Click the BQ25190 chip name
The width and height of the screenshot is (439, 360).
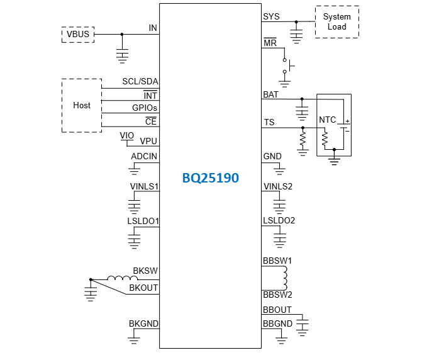pyautogui.click(x=210, y=178)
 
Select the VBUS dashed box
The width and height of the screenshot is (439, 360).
pyautogui.click(x=77, y=34)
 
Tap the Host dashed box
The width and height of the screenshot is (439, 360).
pyautogui.click(x=82, y=105)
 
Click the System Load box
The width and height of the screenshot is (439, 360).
pyautogui.click(x=336, y=22)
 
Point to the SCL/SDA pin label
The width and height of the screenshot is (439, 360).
pyautogui.click(x=140, y=82)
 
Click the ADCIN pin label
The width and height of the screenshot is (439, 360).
pyautogui.click(x=144, y=156)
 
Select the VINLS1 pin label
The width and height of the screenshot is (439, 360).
pyautogui.click(x=143, y=186)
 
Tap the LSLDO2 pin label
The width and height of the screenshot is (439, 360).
pyautogui.click(x=279, y=220)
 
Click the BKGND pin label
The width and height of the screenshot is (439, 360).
pyautogui.click(x=143, y=323)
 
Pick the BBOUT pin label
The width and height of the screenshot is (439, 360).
pyautogui.click(x=277, y=310)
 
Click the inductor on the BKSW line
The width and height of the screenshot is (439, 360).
pyautogui.click(x=118, y=279)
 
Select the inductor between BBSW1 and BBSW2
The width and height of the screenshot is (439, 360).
pyautogui.click(x=284, y=278)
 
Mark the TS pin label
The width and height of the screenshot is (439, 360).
pyautogui.click(x=269, y=123)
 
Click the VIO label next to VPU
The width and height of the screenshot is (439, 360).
pyautogui.click(x=126, y=135)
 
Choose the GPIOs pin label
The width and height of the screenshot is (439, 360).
pyautogui.click(x=145, y=108)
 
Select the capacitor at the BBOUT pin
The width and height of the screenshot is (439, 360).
pyautogui.click(x=303, y=324)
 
